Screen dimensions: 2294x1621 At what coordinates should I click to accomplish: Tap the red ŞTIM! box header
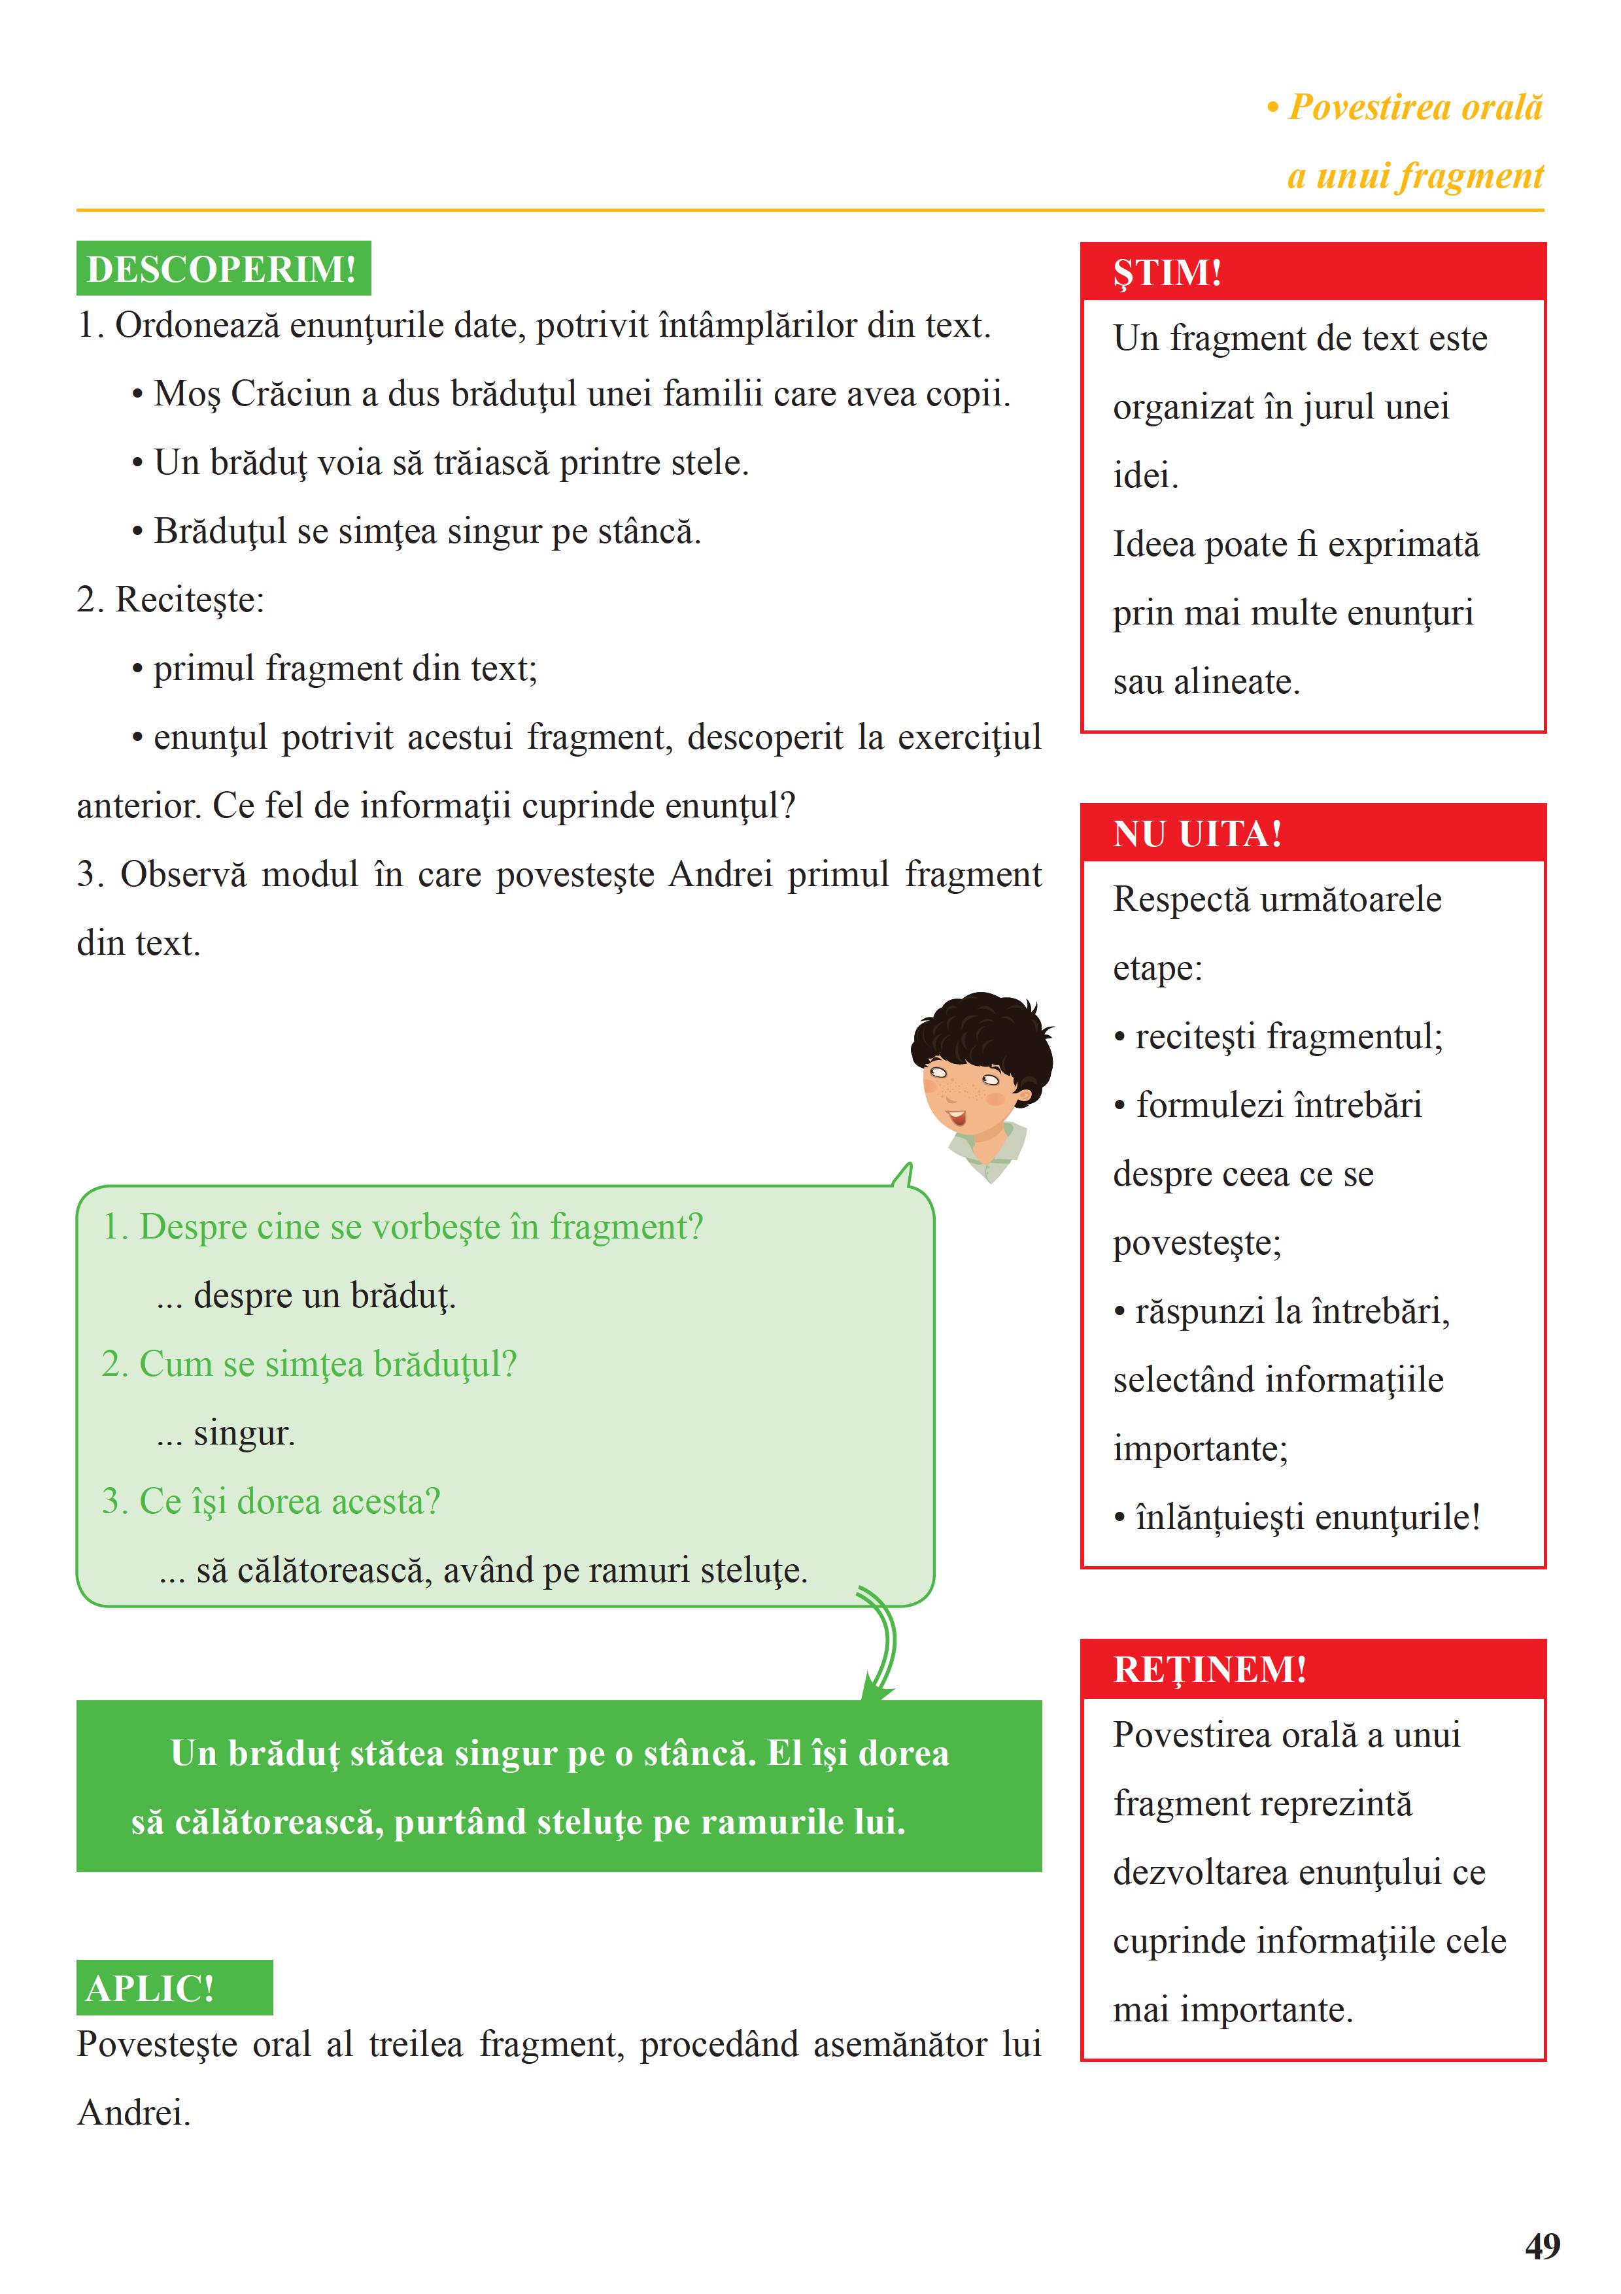click(1312, 272)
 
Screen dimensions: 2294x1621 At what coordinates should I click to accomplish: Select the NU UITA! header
click(1312, 833)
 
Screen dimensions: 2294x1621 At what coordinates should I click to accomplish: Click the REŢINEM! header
click(1312, 1669)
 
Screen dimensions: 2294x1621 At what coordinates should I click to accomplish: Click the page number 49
click(1542, 2247)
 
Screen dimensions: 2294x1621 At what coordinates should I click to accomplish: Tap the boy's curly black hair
click(984, 1029)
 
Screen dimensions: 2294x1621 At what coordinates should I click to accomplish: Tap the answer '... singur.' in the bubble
click(226, 1433)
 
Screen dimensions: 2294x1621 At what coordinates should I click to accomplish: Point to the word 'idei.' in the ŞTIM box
click(1146, 475)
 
